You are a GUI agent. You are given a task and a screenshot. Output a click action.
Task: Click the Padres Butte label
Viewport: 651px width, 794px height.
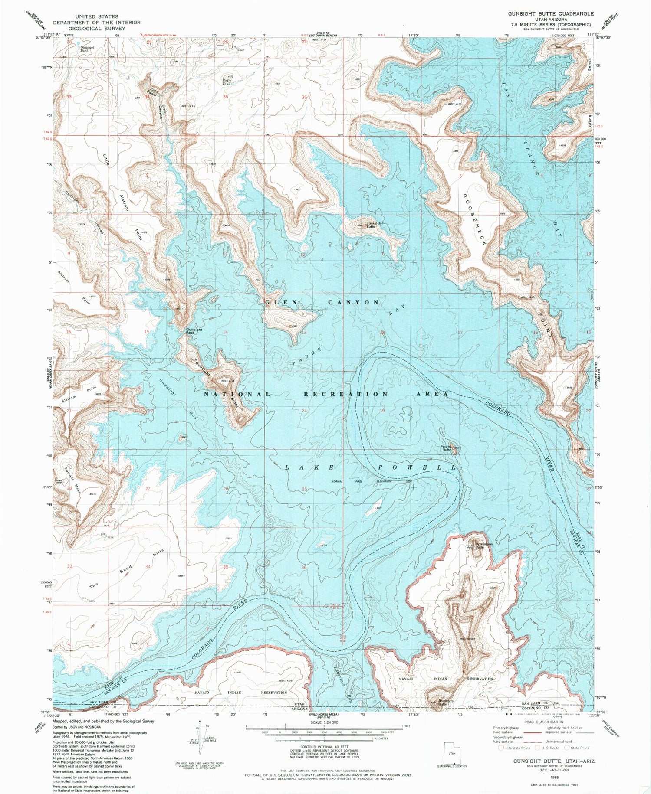point(447,448)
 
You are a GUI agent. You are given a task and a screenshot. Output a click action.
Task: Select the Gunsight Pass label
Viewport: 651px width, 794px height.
point(194,330)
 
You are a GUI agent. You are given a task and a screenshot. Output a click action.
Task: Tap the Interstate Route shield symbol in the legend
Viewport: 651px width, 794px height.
point(501,748)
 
